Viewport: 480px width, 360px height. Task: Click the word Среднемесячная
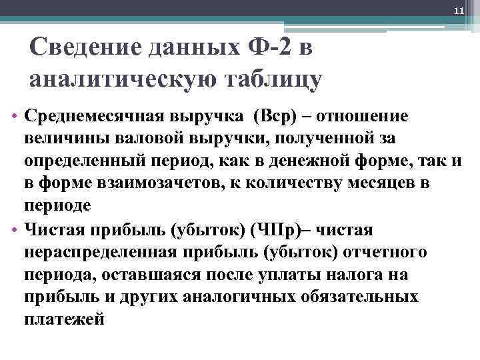tap(89, 116)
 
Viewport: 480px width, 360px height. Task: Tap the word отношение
tap(375, 116)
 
